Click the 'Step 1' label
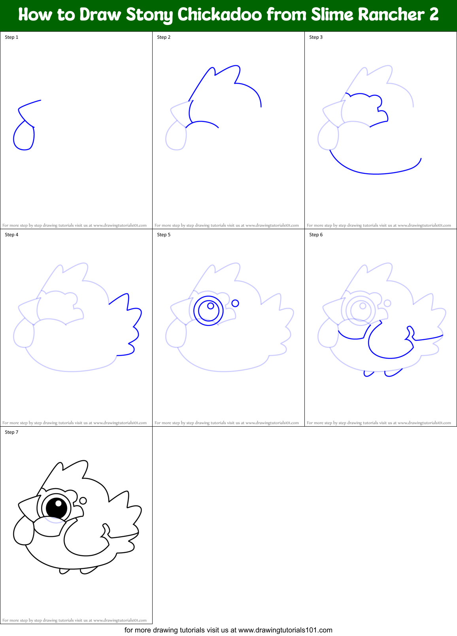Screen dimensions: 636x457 (x=11, y=37)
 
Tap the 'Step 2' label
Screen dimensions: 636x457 (x=164, y=37)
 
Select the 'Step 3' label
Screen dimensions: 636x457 (x=316, y=37)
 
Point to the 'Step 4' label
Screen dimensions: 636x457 (x=11, y=235)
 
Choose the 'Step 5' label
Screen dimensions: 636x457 (x=164, y=235)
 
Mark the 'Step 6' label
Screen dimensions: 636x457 (x=316, y=235)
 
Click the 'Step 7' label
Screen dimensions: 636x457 (x=11, y=432)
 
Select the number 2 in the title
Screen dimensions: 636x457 (x=433, y=15)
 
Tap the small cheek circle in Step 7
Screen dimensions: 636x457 (x=83, y=501)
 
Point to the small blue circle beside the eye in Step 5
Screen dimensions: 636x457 (x=235, y=303)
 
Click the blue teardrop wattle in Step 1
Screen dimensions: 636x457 (x=24, y=137)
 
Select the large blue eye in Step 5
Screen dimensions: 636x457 (x=208, y=311)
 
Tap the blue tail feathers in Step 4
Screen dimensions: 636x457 (x=128, y=325)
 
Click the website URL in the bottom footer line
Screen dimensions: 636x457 (x=285, y=630)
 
